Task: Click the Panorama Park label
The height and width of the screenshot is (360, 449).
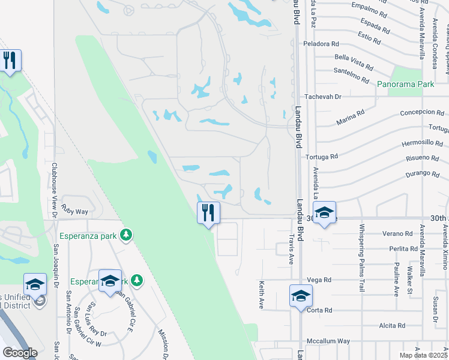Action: (405, 85)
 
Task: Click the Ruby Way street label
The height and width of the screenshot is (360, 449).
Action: (74, 212)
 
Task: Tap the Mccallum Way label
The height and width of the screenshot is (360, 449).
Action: (328, 341)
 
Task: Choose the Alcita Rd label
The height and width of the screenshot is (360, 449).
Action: (392, 326)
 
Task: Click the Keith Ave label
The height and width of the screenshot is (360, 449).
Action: (262, 295)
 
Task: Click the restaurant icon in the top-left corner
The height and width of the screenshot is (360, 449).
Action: (10, 61)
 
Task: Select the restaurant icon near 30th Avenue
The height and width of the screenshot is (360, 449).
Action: (208, 213)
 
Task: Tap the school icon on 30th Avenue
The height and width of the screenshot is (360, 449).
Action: (324, 213)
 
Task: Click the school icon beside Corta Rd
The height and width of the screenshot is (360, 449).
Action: (301, 296)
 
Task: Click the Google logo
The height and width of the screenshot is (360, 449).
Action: (20, 353)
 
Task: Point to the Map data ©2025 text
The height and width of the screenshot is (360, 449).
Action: (423, 355)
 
